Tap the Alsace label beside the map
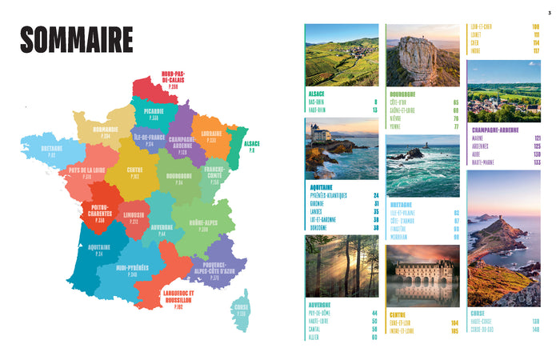[251, 146]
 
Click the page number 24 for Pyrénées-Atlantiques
[375, 194]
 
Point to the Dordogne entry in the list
[320, 226]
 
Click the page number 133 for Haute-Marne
[537, 162]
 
